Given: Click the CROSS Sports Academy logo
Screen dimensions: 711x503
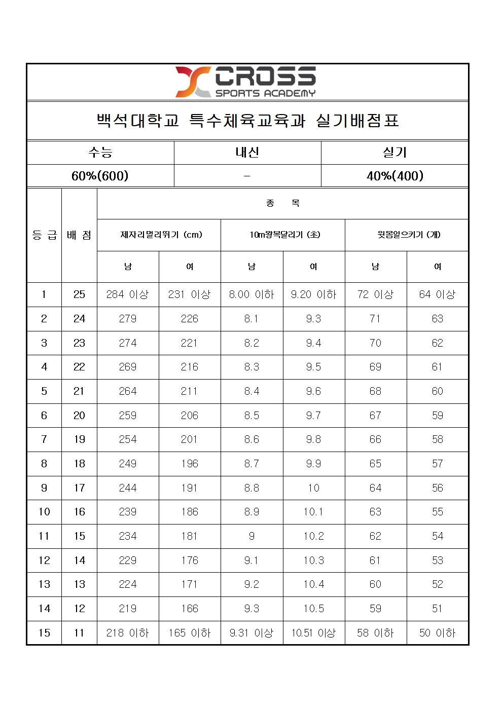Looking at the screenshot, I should [246, 82].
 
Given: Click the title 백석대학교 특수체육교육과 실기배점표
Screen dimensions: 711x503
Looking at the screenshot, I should [247, 121].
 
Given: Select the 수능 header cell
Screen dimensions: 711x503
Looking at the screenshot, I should [100, 153].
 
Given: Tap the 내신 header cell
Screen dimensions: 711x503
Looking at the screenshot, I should [247, 153].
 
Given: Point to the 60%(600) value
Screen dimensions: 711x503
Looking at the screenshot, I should [100, 176].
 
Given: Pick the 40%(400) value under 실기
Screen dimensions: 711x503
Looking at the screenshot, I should [394, 176].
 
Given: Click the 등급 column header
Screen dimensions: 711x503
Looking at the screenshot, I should [44, 235].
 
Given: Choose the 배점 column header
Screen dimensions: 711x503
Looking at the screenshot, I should [79, 235].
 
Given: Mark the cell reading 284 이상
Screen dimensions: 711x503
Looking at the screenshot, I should [128, 294].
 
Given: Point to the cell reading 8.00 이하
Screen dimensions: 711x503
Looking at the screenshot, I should [251, 294].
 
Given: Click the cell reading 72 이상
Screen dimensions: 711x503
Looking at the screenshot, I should [375, 294].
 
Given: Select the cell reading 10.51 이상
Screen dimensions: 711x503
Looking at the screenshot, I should [313, 633].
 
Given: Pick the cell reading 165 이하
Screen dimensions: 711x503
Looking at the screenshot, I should [190, 633].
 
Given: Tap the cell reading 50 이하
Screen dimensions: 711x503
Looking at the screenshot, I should [437, 633].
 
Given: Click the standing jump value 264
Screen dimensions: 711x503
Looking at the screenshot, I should [128, 391].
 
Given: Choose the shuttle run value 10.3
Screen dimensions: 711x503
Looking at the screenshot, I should [313, 560].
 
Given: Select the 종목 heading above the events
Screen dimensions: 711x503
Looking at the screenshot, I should [283, 203].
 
